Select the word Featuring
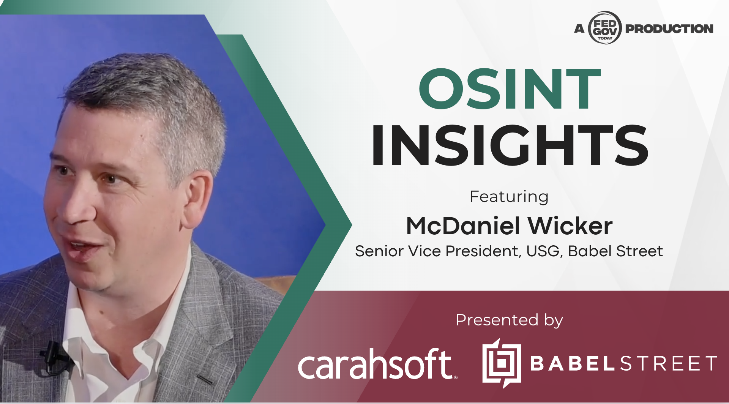coord(509,197)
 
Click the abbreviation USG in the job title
coord(543,251)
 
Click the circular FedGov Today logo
coord(605,28)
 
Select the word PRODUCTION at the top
coord(669,28)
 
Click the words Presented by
coord(509,320)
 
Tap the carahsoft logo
coord(378,364)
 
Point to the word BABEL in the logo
coord(573,363)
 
